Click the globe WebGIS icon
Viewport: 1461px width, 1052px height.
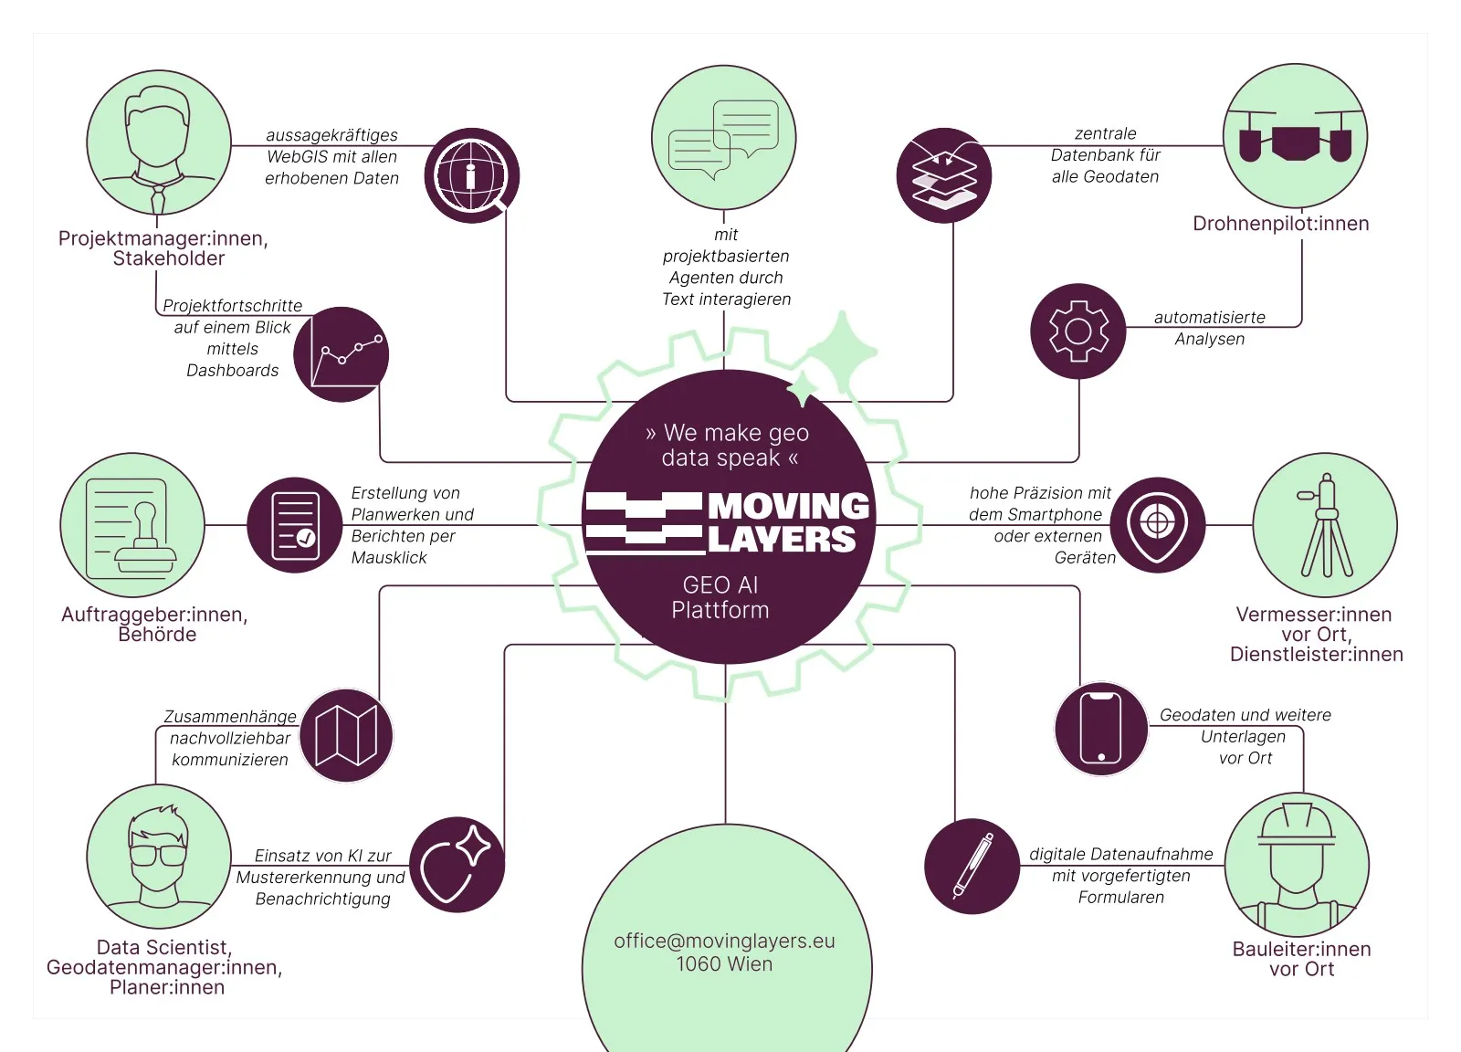click(471, 175)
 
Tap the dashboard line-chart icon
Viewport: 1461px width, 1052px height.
click(341, 354)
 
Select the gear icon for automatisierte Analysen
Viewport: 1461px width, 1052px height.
click(1077, 331)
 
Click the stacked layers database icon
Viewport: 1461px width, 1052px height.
click(944, 175)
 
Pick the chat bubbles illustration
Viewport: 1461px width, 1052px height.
click(723, 137)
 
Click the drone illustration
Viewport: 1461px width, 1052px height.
click(1295, 135)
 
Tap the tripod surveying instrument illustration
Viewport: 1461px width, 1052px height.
click(1325, 525)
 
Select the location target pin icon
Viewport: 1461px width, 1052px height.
click(1157, 525)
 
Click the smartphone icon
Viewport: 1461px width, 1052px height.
click(1100, 728)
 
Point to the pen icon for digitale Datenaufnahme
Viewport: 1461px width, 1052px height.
click(972, 866)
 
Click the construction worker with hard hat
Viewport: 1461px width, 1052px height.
click(1297, 864)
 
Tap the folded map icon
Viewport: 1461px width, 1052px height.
click(346, 735)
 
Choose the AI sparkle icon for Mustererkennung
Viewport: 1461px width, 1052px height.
click(457, 864)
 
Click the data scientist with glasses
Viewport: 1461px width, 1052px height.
click(159, 856)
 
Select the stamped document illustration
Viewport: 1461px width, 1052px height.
click(132, 525)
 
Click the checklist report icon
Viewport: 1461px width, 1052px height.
click(294, 525)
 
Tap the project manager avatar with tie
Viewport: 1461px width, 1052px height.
click(159, 143)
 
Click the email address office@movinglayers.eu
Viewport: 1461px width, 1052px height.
click(724, 941)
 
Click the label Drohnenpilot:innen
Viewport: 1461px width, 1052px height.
click(1280, 224)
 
